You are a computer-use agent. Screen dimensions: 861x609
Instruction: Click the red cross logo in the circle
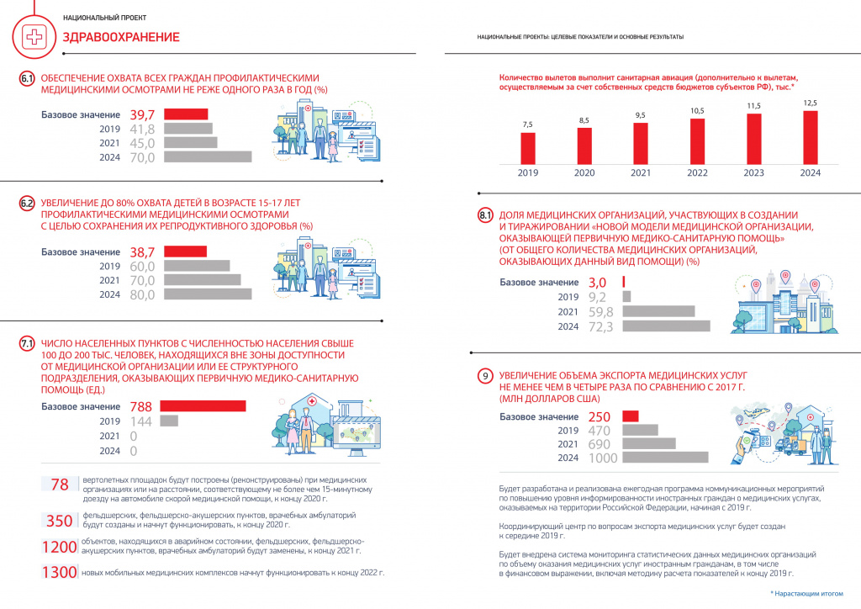tap(34, 37)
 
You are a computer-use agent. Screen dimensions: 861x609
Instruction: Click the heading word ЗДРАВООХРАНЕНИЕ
tap(121, 37)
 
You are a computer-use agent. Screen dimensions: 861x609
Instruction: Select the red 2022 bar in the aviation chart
tap(697, 141)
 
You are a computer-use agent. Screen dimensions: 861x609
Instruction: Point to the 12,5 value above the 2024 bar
tap(810, 103)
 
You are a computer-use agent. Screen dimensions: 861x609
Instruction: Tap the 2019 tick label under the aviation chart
tap(528, 172)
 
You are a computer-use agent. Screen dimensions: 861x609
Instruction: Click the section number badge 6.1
tap(27, 78)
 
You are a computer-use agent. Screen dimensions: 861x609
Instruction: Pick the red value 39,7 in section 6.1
tap(142, 114)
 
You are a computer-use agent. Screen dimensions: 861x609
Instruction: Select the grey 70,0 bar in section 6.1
tap(209, 157)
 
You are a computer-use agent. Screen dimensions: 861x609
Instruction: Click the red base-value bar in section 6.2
tap(186, 252)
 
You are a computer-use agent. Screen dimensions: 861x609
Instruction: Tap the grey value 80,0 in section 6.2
tap(142, 295)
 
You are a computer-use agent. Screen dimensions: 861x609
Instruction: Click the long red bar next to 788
tap(203, 405)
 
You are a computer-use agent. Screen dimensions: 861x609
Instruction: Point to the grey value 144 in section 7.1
tap(141, 421)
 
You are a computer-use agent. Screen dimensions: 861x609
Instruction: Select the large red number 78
tap(60, 485)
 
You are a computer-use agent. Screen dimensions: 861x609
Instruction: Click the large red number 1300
tap(60, 572)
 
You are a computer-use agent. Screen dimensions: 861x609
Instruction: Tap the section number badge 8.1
tap(485, 215)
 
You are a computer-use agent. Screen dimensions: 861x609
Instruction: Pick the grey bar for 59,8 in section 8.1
tap(658, 311)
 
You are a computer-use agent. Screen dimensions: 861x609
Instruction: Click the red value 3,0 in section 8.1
tap(598, 283)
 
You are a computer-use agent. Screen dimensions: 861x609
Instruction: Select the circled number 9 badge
tap(485, 376)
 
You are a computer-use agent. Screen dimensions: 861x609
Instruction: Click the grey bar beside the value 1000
tap(666, 457)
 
